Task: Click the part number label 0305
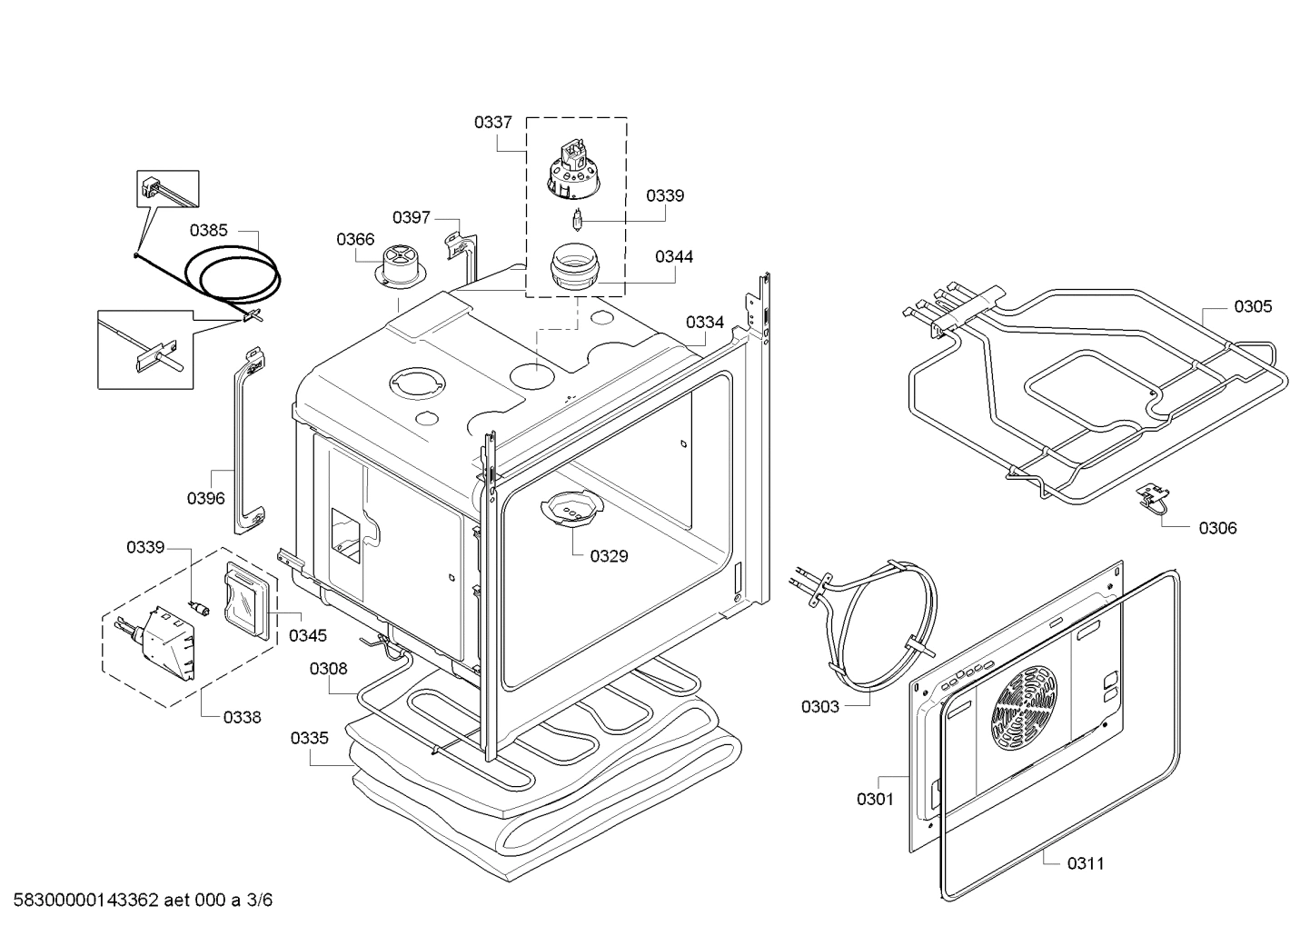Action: [1252, 307]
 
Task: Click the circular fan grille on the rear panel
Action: [1027, 708]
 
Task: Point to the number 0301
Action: [875, 800]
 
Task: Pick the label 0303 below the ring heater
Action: [819, 707]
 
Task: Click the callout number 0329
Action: [609, 556]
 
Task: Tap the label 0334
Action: [704, 323]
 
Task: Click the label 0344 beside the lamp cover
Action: [674, 257]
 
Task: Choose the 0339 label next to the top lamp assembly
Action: [665, 196]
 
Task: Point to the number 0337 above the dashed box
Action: [492, 122]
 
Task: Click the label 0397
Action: [412, 217]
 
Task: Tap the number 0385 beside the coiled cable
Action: [209, 231]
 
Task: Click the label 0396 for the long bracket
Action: [206, 498]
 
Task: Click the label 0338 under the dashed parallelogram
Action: [242, 717]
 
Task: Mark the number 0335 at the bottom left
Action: [309, 738]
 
